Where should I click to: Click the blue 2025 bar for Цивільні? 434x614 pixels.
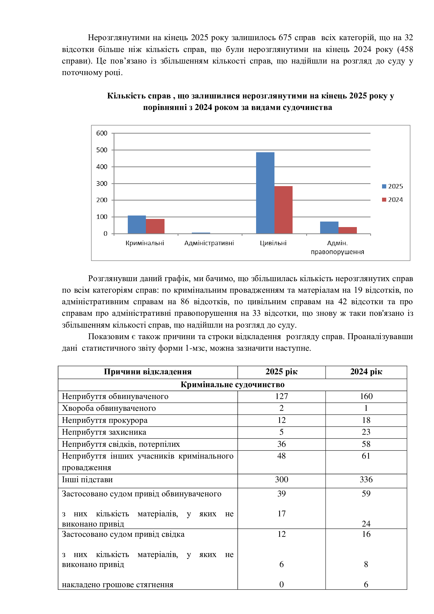click(x=265, y=193)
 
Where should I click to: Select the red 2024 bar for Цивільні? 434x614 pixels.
click(x=283, y=210)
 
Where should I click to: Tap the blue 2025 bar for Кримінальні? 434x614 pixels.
click(x=137, y=224)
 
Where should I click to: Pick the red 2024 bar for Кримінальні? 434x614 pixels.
click(x=155, y=226)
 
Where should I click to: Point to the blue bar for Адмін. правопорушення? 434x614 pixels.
click(x=329, y=228)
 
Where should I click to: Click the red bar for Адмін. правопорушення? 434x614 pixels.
click(x=347, y=230)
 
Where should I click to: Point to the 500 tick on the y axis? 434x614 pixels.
click(x=102, y=150)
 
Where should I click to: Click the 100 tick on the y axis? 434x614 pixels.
click(x=102, y=217)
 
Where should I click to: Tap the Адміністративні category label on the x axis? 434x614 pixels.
click(x=209, y=243)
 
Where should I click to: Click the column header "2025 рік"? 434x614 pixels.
click(x=281, y=372)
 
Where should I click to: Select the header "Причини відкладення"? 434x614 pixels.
click(x=147, y=372)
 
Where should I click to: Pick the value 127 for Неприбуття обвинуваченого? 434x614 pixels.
click(x=281, y=396)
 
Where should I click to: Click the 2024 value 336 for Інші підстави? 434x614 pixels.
click(x=366, y=480)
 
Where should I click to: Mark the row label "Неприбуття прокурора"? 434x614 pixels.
click(x=105, y=420)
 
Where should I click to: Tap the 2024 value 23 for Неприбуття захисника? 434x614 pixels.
click(x=366, y=432)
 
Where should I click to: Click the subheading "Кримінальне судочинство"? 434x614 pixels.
click(x=232, y=385)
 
